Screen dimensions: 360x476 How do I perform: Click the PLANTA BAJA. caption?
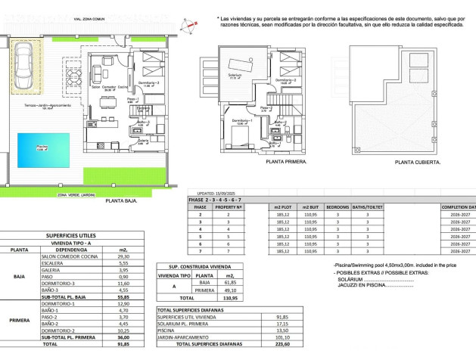120,200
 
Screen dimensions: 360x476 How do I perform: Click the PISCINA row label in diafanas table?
167,331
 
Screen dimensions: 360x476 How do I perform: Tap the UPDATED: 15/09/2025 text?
222,193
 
